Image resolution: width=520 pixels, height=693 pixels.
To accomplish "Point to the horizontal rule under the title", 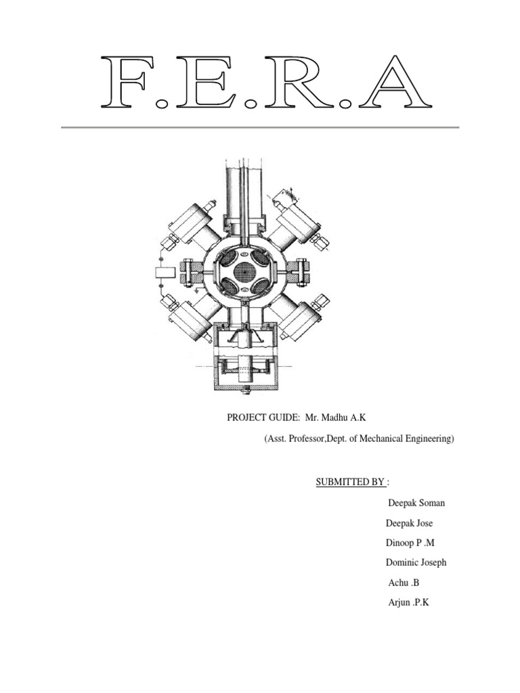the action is click(x=260, y=127).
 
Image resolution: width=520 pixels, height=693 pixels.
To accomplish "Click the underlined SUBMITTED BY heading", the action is click(x=350, y=482).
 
